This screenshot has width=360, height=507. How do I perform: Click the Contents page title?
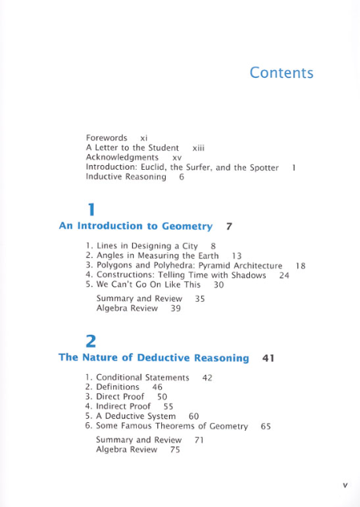point(281,73)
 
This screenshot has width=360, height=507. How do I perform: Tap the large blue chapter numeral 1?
point(92,210)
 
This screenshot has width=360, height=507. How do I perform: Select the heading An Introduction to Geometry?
point(136,226)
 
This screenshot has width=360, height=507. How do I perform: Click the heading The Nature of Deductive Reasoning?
point(154,358)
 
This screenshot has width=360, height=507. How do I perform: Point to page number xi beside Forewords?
point(144,138)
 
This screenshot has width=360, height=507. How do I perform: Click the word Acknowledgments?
point(122,157)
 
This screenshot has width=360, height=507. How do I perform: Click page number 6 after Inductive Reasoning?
point(182,177)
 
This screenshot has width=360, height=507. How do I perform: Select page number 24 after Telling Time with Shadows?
point(285,275)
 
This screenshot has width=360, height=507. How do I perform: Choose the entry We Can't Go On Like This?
point(148,285)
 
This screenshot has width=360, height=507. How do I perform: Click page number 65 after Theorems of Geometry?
point(266,425)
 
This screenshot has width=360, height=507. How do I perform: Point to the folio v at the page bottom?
point(344,485)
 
